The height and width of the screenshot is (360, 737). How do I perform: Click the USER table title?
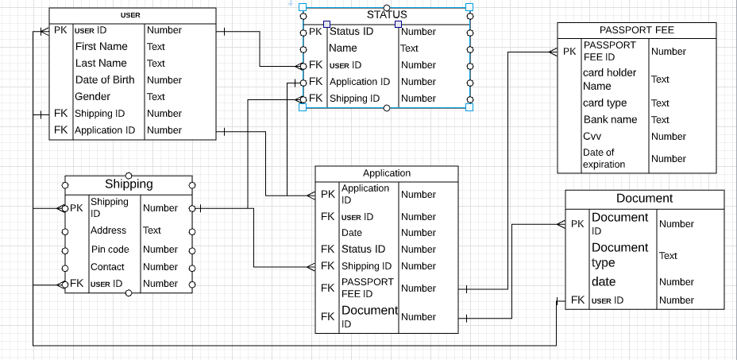pyautogui.click(x=130, y=15)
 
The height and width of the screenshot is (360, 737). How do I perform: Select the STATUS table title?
pyautogui.click(x=387, y=14)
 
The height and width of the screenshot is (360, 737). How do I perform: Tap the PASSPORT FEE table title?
pyautogui.click(x=637, y=30)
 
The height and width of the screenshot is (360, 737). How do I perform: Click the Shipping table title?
pyautogui.click(x=129, y=184)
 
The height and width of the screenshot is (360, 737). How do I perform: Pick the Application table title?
pyautogui.click(x=387, y=173)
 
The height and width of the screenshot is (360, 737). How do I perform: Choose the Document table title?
pyautogui.click(x=644, y=199)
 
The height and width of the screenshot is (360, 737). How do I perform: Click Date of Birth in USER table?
pyautogui.click(x=105, y=79)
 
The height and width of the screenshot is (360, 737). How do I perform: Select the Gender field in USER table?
pyautogui.click(x=93, y=96)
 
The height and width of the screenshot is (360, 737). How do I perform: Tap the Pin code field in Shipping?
pyautogui.click(x=110, y=250)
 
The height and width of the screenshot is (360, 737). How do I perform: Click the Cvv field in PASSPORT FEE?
pyautogui.click(x=592, y=136)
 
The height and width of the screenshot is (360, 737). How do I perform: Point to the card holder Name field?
pyautogui.click(x=609, y=79)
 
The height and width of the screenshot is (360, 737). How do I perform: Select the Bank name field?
pyautogui.click(x=610, y=119)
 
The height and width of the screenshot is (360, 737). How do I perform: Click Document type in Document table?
pyautogui.click(x=619, y=255)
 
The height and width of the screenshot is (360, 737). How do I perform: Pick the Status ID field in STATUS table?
pyautogui.click(x=351, y=32)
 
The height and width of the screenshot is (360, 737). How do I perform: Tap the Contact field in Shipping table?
pyautogui.click(x=107, y=267)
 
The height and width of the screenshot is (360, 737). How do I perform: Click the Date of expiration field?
pyautogui.click(x=604, y=158)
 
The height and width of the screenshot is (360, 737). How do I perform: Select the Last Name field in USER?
pyautogui.click(x=101, y=63)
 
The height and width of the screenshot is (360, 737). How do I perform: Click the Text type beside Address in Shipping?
pyautogui.click(x=152, y=230)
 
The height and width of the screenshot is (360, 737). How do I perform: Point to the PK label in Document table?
pyautogui.click(x=577, y=224)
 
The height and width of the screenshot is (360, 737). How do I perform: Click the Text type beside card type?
pyautogui.click(x=660, y=103)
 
